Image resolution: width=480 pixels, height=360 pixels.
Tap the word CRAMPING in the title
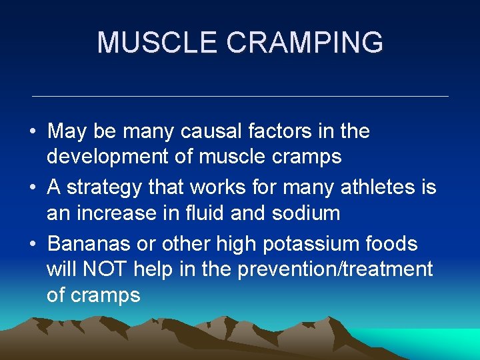[305, 43]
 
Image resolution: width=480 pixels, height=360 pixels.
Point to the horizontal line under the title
[240, 97]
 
